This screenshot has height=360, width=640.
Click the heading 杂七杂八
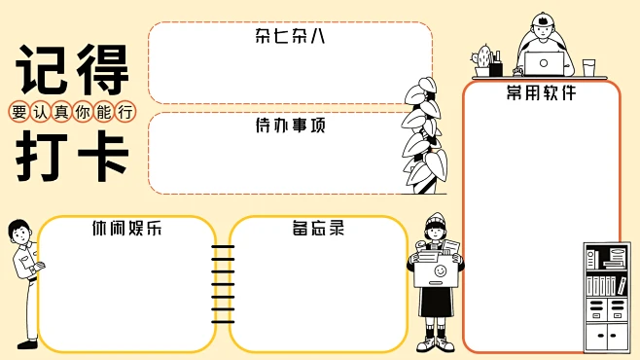[290, 37]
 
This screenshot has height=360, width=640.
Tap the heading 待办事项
[290, 126]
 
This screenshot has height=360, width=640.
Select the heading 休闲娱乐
[126, 230]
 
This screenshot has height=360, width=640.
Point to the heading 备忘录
[318, 230]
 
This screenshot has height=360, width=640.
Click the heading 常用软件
[541, 93]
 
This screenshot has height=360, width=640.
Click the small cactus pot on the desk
[483, 61]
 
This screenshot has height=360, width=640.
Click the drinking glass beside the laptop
[588, 67]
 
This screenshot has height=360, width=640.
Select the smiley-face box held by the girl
[437, 271]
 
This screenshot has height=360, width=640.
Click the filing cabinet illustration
[607, 297]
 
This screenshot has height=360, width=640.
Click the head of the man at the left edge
[18, 232]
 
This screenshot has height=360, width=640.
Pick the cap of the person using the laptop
[544, 21]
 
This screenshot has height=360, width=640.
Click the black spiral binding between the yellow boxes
[223, 283]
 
